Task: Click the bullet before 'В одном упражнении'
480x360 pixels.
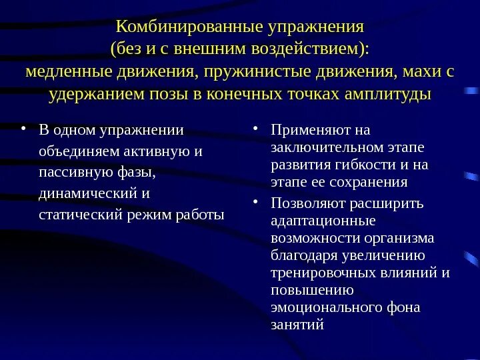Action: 25,129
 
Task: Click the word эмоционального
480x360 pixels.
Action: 317,307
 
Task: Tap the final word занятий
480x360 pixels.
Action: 297,325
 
